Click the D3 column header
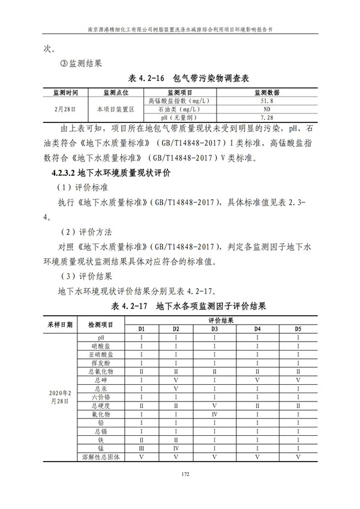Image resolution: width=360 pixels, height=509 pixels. (214, 329)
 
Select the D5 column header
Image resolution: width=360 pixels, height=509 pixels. (298, 329)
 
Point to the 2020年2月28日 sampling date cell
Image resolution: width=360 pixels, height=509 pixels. (61, 397)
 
